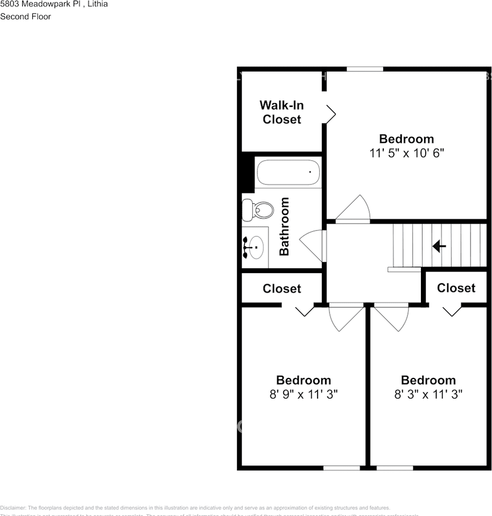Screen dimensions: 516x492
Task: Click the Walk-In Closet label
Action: pyautogui.click(x=282, y=112)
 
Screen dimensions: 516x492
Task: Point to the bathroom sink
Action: pyautogui.click(x=255, y=248)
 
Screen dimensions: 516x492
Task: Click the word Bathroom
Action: pyautogui.click(x=284, y=226)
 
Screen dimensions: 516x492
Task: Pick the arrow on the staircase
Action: pyautogui.click(x=439, y=246)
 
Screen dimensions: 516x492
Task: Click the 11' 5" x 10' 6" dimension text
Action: pyautogui.click(x=406, y=153)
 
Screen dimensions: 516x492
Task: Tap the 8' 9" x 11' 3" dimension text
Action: pyautogui.click(x=304, y=394)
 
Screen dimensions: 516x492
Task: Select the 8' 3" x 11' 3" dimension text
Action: pyautogui.click(x=428, y=394)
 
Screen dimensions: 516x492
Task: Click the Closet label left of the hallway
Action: pyautogui.click(x=282, y=289)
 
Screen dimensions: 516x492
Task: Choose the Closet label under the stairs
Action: pyautogui.click(x=456, y=288)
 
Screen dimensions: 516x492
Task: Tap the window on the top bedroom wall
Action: pyautogui.click(x=364, y=69)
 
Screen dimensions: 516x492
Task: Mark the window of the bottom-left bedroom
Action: pyautogui.click(x=341, y=468)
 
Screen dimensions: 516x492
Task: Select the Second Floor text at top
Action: pyautogui.click(x=25, y=17)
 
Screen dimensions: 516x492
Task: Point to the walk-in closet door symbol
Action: pyautogui.click(x=331, y=113)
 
